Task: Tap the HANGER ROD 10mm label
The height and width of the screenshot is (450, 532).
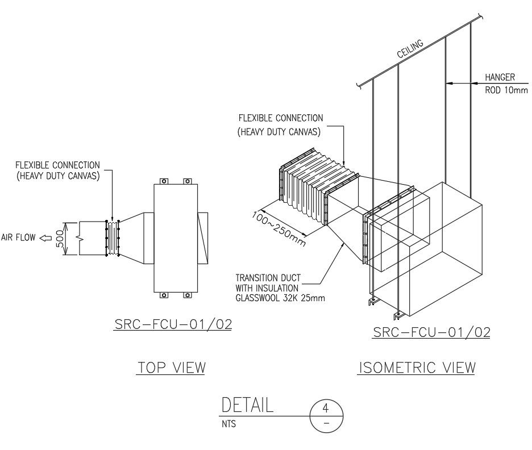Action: pyautogui.click(x=505, y=83)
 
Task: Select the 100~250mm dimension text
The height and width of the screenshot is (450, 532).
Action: pyautogui.click(x=278, y=228)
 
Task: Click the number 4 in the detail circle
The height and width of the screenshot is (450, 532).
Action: pyautogui.click(x=326, y=408)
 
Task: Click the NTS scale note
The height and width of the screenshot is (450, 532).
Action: pyautogui.click(x=229, y=424)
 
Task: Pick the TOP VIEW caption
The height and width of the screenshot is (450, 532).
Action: pyautogui.click(x=171, y=368)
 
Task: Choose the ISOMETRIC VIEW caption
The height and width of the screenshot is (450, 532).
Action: pyautogui.click(x=416, y=368)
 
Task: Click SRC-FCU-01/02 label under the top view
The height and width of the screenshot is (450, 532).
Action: pyautogui.click(x=173, y=324)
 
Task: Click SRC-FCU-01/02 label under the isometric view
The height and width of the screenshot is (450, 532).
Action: pyautogui.click(x=431, y=332)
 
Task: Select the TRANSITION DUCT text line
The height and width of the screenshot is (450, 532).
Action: pyautogui.click(x=268, y=278)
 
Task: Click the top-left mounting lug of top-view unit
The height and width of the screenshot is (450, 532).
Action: pyautogui.click(x=163, y=182)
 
